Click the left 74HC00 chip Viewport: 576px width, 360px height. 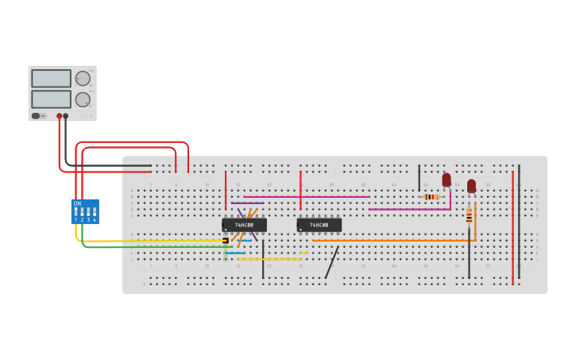tap(244, 225)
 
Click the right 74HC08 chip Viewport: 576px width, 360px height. tap(319, 225)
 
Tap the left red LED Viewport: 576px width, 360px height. tap(446, 180)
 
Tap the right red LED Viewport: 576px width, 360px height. tap(471, 185)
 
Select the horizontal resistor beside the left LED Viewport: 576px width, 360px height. tap(431, 196)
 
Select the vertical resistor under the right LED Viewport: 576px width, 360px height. tap(469, 215)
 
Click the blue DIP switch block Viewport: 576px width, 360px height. tap(85, 211)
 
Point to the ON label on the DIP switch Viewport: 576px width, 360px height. tap(77, 203)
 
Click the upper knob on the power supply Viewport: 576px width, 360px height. tap(83, 78)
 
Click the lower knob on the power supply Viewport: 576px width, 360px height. tap(83, 99)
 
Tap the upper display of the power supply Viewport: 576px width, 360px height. tap(51, 78)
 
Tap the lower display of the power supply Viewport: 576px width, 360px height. tap(51, 99)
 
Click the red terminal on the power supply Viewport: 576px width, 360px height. tap(59, 116)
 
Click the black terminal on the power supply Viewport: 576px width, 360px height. tap(65, 116)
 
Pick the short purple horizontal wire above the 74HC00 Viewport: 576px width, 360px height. tap(248, 203)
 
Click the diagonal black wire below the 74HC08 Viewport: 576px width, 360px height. tap(332, 262)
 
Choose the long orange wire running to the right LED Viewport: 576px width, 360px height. tap(397, 240)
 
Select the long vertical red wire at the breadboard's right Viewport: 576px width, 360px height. tap(512, 230)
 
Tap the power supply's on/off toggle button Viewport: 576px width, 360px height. tap(36, 116)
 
